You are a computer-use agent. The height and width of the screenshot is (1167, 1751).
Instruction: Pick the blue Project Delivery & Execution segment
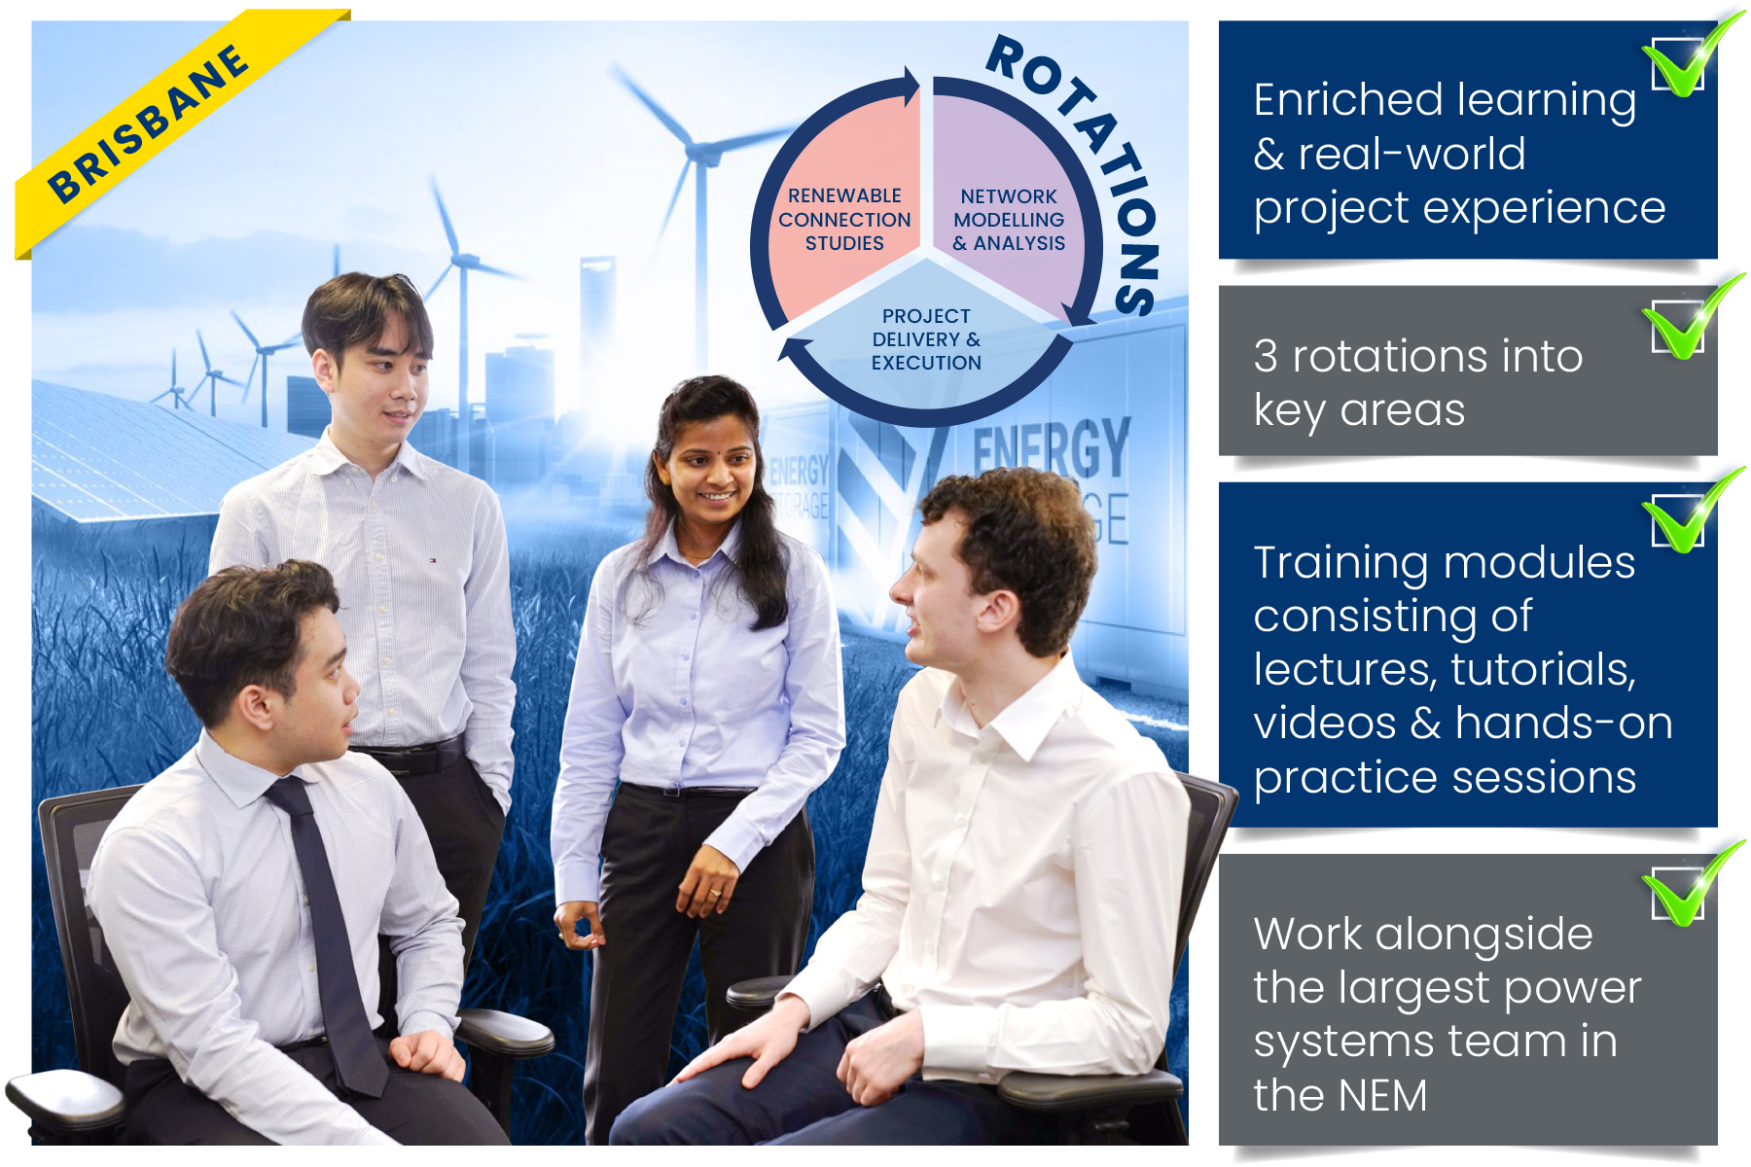point(926,340)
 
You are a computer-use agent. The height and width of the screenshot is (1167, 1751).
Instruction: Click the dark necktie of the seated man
point(331,924)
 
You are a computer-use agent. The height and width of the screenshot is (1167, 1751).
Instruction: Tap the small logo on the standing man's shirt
point(433,560)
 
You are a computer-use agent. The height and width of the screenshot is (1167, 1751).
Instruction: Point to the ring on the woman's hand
point(714,892)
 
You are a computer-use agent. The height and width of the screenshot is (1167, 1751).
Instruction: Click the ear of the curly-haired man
point(1002,609)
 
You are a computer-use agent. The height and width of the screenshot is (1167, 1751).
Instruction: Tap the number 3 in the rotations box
point(1266,356)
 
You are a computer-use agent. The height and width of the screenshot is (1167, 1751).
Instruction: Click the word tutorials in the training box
point(1543,669)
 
